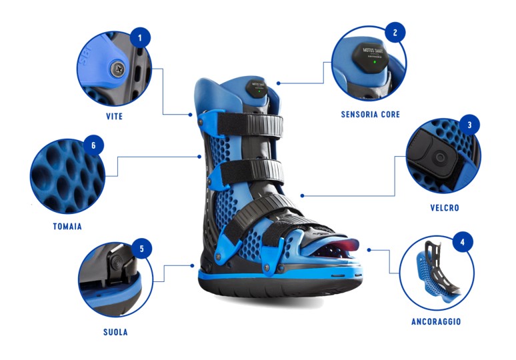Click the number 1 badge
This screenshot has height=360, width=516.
139,38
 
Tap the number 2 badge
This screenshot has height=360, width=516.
395,32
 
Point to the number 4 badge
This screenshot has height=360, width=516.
463,241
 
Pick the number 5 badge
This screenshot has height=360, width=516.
141,249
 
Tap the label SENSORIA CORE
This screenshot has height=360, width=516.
371,115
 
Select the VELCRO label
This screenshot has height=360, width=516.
445,207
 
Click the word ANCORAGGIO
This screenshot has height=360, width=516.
436,322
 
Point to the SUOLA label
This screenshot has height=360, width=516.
113,331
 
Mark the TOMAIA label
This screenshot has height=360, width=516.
67,227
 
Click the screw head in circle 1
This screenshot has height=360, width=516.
118,67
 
